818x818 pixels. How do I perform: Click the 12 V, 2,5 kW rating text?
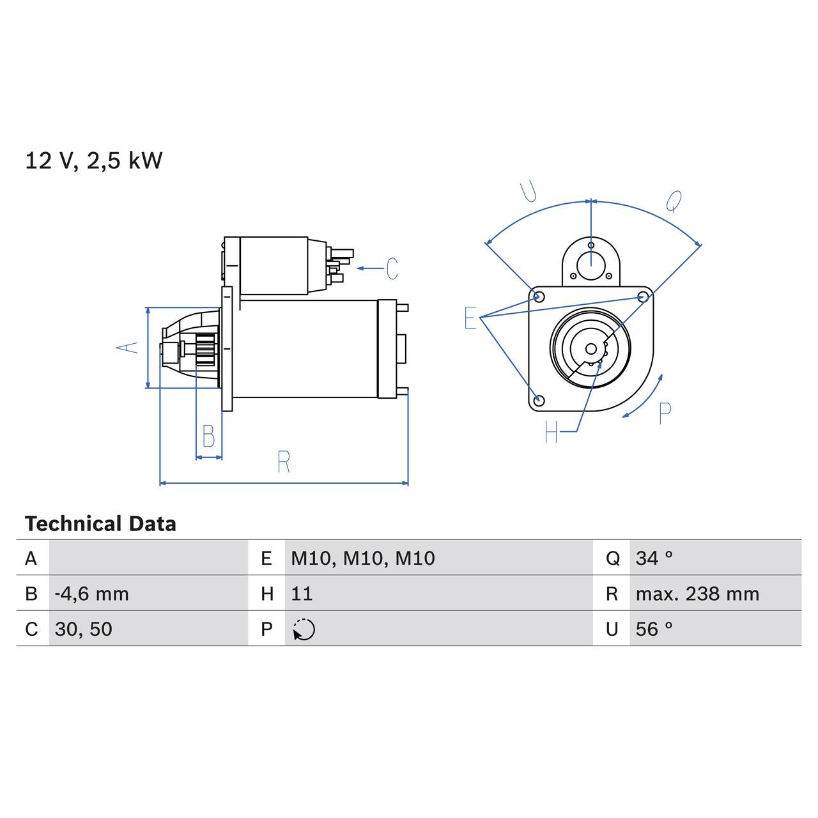pyautogui.click(x=93, y=160)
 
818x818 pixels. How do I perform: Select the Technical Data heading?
pyautogui.click(x=100, y=524)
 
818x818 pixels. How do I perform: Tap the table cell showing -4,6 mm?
pyautogui.click(x=92, y=594)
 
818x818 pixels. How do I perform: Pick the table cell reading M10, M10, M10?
pyautogui.click(x=362, y=558)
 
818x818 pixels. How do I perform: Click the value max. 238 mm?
pyautogui.click(x=697, y=594)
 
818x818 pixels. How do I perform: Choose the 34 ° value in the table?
pyautogui.click(x=654, y=558)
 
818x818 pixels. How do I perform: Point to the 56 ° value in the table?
pyautogui.click(x=654, y=629)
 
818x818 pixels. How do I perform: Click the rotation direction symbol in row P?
pyautogui.click(x=304, y=629)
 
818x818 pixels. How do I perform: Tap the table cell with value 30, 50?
pyautogui.click(x=84, y=629)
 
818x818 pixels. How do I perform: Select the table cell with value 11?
pyautogui.click(x=302, y=594)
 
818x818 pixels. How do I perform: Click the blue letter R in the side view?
pyautogui.click(x=284, y=462)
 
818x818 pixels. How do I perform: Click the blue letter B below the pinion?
pyautogui.click(x=208, y=436)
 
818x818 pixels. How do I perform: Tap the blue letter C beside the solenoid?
pyautogui.click(x=392, y=268)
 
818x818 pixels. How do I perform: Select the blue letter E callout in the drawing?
pyautogui.click(x=470, y=318)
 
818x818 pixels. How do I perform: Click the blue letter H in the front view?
pyautogui.click(x=552, y=433)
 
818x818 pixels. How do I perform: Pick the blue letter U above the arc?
pyautogui.click(x=529, y=192)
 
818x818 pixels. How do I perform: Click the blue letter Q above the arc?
pyautogui.click(x=674, y=201)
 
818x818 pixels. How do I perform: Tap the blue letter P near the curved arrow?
pyautogui.click(x=665, y=413)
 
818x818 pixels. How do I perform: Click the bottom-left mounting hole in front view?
pyautogui.click(x=539, y=400)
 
